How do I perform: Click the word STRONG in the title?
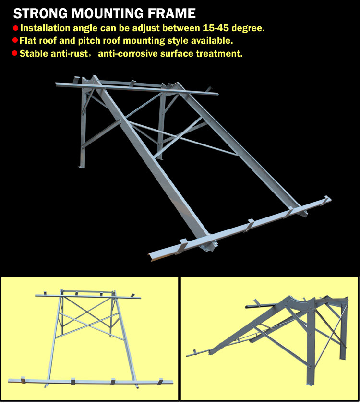(40, 13)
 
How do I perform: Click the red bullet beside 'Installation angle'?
(16, 28)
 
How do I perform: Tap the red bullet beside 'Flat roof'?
(15, 40)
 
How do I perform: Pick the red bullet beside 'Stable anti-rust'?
(15, 53)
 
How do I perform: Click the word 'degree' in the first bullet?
(247, 28)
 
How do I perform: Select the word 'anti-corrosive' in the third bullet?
(128, 53)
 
